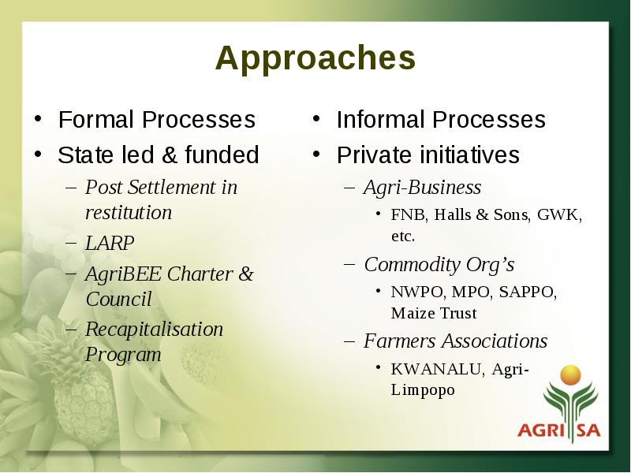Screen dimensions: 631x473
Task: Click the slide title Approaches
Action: [x=315, y=59]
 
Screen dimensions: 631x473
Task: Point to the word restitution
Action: [x=129, y=213]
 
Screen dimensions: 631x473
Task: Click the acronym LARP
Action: [x=110, y=243]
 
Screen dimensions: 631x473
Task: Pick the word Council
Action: [x=119, y=300]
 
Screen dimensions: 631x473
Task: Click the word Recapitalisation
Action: [x=154, y=330]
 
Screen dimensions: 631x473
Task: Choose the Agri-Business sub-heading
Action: [x=423, y=188]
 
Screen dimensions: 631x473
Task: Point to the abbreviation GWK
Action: [x=558, y=214]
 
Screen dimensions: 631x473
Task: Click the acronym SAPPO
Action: [x=526, y=292]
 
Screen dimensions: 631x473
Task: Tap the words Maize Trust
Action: [x=434, y=313]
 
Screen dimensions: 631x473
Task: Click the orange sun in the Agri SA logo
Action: [x=570, y=375]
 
